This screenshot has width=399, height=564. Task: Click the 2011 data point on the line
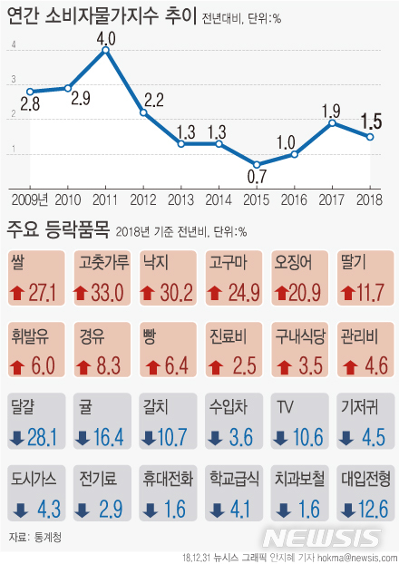tap(106, 50)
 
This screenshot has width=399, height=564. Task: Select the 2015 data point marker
tap(258, 164)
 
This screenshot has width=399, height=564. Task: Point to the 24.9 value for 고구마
tap(240, 292)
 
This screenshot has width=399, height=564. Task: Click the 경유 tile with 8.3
tap(101, 351)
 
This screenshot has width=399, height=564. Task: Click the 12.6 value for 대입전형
tap(371, 508)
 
